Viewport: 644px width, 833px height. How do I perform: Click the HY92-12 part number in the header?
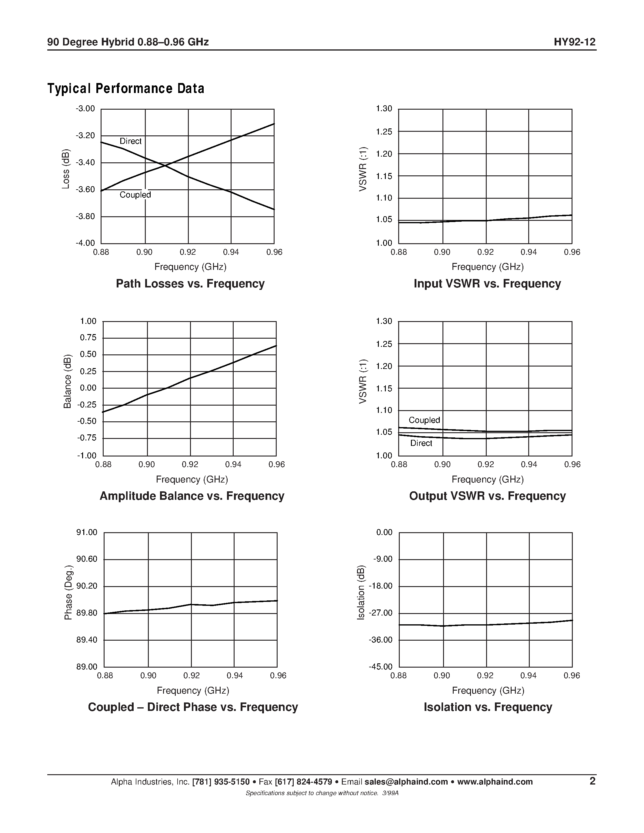[x=574, y=42]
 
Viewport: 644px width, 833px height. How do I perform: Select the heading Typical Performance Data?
[x=125, y=88]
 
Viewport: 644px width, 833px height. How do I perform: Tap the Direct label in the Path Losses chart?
[x=131, y=141]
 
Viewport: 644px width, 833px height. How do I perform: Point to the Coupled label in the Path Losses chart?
[x=135, y=195]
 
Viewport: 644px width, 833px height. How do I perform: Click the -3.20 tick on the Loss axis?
[x=85, y=136]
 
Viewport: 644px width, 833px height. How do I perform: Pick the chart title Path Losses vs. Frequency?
[x=190, y=284]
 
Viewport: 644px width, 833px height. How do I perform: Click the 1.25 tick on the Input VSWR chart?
[x=384, y=131]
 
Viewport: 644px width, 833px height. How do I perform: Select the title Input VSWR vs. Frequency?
[x=487, y=284]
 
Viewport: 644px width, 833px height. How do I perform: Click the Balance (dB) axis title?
[x=68, y=381]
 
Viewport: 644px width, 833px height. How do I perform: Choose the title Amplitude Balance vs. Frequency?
[x=192, y=496]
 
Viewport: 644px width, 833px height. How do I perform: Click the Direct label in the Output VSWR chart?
[x=421, y=443]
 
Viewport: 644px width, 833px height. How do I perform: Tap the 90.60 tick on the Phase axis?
[x=87, y=559]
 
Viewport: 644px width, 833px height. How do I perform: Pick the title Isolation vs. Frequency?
[x=488, y=707]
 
